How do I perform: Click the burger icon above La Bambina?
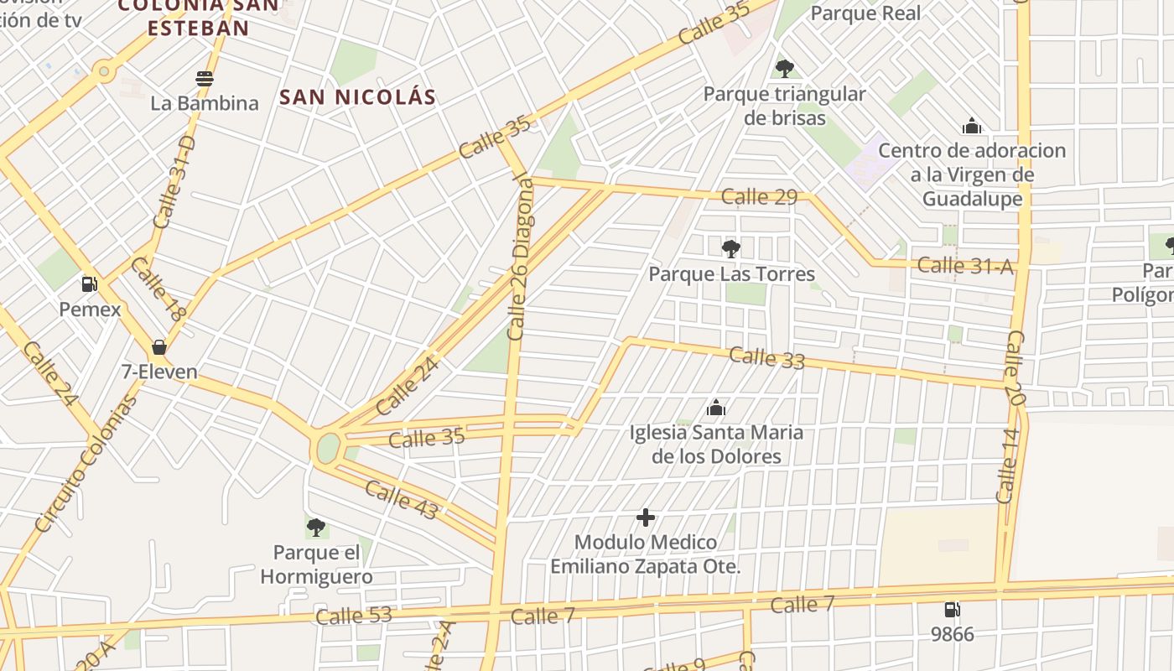tap(205, 79)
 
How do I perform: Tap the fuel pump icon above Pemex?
tap(90, 284)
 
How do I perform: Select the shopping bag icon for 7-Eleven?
tap(158, 347)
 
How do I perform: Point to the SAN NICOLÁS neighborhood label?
tap(358, 97)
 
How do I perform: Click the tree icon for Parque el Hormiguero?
tap(316, 528)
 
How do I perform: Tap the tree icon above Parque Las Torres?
tap(731, 248)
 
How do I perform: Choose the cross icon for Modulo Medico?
tap(645, 518)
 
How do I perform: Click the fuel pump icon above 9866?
tap(953, 610)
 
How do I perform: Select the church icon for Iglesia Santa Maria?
tap(716, 408)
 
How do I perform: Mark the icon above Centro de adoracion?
tap(972, 127)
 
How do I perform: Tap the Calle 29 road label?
tap(759, 197)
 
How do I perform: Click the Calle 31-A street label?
tap(965, 266)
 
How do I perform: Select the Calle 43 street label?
tap(401, 501)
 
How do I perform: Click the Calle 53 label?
tap(353, 616)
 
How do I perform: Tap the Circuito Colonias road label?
tap(86, 464)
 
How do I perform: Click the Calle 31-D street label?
tap(174, 183)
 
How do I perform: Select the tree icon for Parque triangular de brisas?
tap(784, 68)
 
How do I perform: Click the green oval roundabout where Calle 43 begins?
tap(328, 447)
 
